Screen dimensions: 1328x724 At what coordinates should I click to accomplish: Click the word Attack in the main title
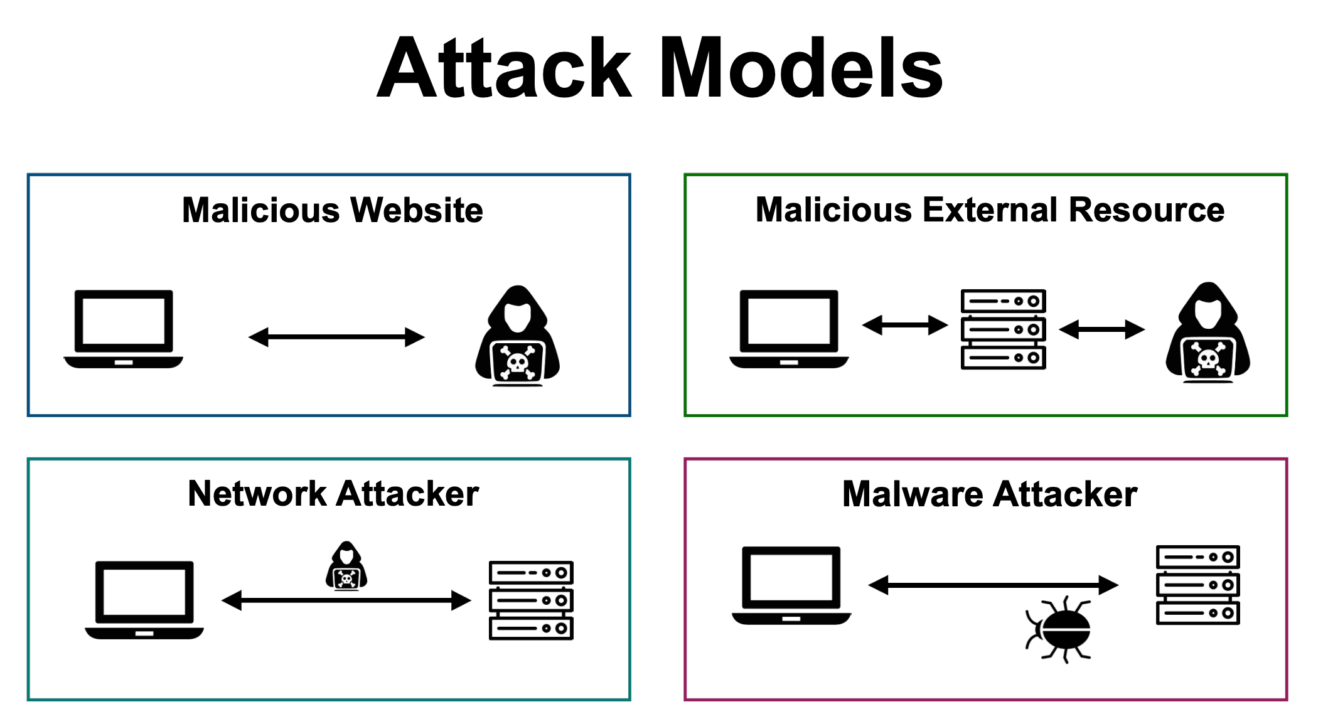(505, 68)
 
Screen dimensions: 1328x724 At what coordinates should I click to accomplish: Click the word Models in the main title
(801, 68)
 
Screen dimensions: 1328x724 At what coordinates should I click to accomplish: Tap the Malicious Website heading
(333, 210)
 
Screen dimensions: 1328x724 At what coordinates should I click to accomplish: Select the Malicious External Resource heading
(990, 210)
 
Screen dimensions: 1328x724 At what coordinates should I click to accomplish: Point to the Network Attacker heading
(333, 493)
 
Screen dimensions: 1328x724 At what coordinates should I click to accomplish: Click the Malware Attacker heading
(990, 494)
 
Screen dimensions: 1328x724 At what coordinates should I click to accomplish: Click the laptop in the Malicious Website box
(124, 329)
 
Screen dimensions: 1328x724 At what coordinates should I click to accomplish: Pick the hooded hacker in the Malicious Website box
(517, 336)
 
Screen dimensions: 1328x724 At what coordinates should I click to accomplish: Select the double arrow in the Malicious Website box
(336, 337)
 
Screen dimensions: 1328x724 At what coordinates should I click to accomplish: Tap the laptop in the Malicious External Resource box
(789, 329)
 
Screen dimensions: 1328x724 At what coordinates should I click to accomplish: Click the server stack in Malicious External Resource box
(1004, 329)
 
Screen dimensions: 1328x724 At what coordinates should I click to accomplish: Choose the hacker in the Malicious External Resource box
(1208, 333)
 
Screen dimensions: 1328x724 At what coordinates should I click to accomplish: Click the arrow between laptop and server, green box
(905, 325)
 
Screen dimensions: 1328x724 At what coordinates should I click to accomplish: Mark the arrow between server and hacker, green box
(1102, 329)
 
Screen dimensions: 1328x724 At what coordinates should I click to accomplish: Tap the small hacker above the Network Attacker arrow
(346, 566)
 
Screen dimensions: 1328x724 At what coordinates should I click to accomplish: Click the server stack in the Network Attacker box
(531, 600)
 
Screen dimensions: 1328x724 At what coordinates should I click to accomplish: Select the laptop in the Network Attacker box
(144, 600)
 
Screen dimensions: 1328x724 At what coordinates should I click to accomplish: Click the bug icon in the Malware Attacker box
(1059, 630)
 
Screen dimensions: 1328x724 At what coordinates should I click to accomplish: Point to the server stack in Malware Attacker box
(1198, 585)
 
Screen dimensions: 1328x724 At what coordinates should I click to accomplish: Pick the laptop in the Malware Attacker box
(791, 586)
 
